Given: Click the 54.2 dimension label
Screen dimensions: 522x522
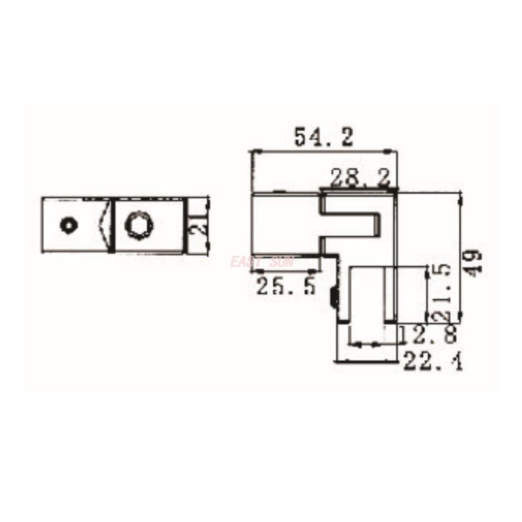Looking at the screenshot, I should [323, 137].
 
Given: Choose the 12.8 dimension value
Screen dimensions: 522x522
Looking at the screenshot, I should [428, 335].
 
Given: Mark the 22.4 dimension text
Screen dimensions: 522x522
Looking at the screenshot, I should [433, 360].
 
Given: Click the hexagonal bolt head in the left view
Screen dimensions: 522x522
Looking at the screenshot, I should [138, 225].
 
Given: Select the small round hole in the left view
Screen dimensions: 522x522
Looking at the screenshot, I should [67, 224].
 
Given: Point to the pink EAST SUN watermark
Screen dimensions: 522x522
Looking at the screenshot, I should [262, 262].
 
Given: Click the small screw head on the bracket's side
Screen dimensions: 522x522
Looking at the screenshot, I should [333, 299].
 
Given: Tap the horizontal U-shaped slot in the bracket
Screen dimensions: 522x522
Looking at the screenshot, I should [352, 225].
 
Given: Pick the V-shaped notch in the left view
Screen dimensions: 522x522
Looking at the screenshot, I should [104, 224].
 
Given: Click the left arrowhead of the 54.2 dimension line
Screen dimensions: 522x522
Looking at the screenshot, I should [254, 151].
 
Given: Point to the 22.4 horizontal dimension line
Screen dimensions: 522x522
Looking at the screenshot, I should [365, 360].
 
